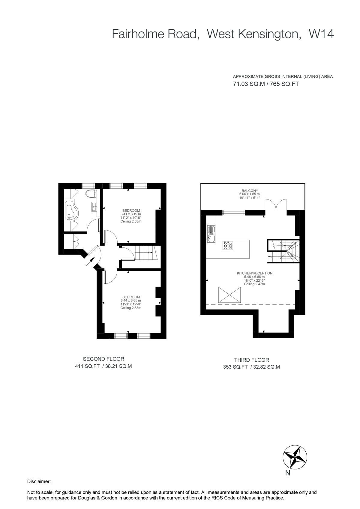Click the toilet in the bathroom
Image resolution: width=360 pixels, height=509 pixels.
[x=90, y=194]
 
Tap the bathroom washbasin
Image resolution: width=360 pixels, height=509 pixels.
[x=94, y=206]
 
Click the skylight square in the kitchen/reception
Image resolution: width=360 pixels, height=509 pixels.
[x=229, y=295]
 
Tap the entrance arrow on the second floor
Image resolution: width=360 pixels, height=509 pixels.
[x=89, y=261]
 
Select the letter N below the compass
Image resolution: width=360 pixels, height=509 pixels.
[x=288, y=474]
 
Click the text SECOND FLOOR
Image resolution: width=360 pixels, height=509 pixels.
[x=103, y=359]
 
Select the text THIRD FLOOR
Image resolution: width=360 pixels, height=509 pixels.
[x=251, y=360]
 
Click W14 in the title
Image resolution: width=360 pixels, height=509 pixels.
[x=321, y=34]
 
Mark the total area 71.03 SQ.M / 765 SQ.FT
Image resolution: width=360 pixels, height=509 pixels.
[x=266, y=84]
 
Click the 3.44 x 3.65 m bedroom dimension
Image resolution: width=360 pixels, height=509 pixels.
[x=131, y=301]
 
